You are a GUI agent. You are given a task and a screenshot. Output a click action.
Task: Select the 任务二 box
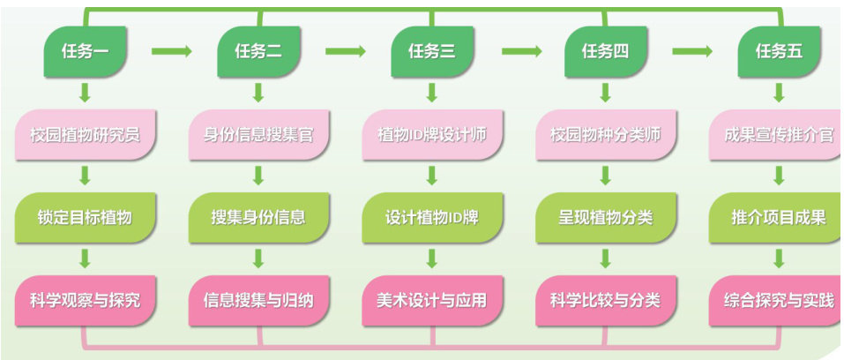click(x=258, y=51)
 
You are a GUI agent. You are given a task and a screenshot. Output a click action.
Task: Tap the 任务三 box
click(x=431, y=51)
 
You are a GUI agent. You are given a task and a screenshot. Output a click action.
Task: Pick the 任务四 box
click(x=605, y=51)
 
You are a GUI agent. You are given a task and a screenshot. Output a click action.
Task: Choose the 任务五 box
click(x=779, y=51)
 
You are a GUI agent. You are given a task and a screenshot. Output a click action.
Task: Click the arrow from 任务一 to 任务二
click(x=171, y=51)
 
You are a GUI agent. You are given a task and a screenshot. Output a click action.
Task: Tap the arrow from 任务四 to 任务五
click(x=692, y=51)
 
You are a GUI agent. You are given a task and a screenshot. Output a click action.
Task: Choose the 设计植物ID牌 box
click(x=431, y=217)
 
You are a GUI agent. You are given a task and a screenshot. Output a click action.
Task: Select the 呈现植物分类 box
click(x=605, y=217)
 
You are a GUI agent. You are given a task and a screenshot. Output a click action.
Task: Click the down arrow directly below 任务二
click(x=258, y=93)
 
